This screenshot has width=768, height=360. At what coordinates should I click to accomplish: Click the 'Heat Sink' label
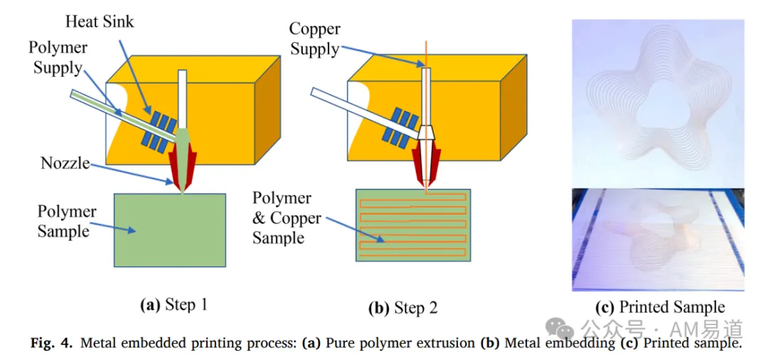pyautogui.click(x=100, y=21)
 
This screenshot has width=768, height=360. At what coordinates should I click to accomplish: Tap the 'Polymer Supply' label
pyautogui.click(x=58, y=58)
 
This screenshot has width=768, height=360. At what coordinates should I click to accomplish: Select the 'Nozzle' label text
pyautogui.click(x=65, y=163)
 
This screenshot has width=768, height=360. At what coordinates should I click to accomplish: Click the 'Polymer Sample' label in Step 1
pyautogui.click(x=67, y=221)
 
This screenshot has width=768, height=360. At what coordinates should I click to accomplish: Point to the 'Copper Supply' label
pyautogui.click(x=314, y=38)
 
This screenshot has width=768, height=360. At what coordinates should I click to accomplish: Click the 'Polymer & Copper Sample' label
pyautogui.click(x=287, y=218)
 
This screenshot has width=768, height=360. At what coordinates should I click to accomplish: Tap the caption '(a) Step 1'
pyautogui.click(x=174, y=306)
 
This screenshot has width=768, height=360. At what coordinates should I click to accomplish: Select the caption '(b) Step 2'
pyautogui.click(x=403, y=307)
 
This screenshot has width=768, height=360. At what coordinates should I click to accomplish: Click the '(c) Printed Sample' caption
pyautogui.click(x=660, y=307)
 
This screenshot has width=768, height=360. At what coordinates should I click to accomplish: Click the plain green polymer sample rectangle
pyautogui.click(x=170, y=231)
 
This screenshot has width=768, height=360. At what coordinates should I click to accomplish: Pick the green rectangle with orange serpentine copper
pyautogui.click(x=413, y=225)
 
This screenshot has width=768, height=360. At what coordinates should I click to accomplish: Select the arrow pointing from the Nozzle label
pyautogui.click(x=132, y=174)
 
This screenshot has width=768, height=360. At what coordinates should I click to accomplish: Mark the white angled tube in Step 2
pyautogui.click(x=366, y=114)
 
